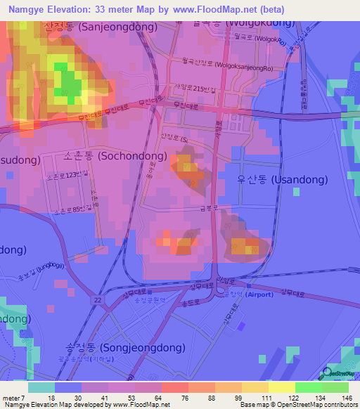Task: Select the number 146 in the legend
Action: click(345, 398)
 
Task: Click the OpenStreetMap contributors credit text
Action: click(321, 405)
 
